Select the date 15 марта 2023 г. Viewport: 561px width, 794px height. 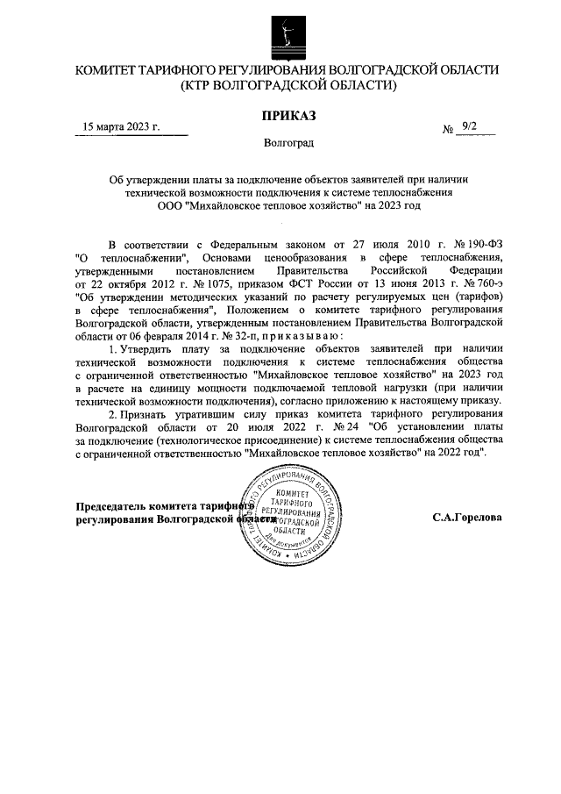coord(122,126)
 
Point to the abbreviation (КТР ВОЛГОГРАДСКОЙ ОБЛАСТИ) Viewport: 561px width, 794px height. coord(288,86)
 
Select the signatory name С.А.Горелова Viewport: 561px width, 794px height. coord(466,518)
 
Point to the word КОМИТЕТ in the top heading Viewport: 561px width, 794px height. coord(110,69)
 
